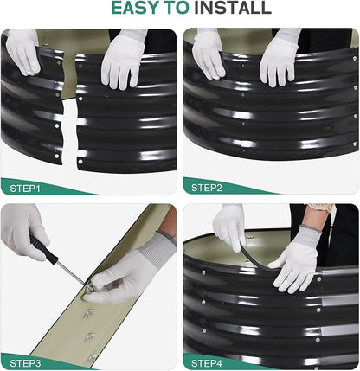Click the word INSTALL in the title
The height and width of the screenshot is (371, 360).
(233, 8)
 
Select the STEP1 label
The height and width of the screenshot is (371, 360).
(25, 189)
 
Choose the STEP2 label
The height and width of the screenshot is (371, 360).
(207, 188)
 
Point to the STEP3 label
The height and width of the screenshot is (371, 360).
(25, 363)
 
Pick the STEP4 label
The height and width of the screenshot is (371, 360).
(207, 363)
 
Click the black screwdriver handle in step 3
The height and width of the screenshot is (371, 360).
(43, 247)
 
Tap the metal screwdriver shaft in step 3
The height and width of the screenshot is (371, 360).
(70, 272)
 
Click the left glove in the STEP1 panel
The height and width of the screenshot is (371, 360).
(23, 52)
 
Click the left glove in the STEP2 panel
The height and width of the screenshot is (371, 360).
(209, 54)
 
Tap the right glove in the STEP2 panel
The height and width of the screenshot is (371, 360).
(279, 58)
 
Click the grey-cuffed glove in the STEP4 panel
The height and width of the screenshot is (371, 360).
(297, 258)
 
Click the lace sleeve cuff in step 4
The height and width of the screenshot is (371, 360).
(320, 208)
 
